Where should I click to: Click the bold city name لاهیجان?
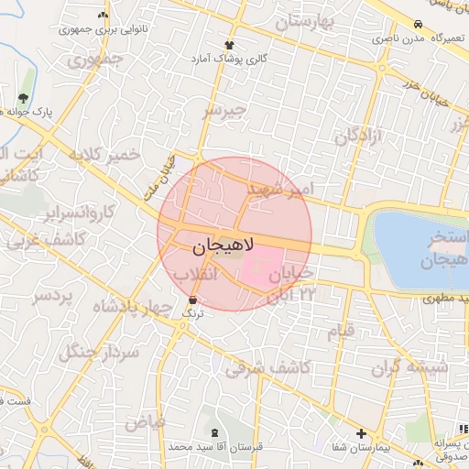coord(224,246)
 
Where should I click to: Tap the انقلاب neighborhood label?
coord(195,274)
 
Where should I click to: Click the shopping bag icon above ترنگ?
coord(192,300)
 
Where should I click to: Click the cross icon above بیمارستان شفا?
coord(362,433)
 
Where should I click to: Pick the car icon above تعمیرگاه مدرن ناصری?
coord(418,25)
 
